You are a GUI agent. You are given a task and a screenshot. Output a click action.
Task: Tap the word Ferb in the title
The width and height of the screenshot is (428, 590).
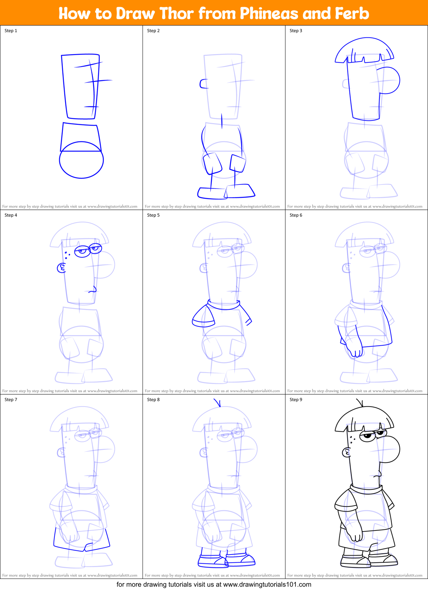[352, 14]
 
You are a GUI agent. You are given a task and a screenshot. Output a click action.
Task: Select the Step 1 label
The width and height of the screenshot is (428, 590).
[11, 31]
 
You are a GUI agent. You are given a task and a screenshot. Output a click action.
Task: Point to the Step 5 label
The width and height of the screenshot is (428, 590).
[153, 215]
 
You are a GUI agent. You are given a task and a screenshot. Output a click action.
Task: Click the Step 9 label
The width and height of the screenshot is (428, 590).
[296, 400]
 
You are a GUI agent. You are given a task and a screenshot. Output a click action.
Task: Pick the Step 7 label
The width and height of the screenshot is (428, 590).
[11, 400]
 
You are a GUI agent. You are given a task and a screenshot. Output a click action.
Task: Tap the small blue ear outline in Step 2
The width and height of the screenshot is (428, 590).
[204, 84]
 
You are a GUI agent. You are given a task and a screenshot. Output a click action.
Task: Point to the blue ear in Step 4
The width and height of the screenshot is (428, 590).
[61, 268]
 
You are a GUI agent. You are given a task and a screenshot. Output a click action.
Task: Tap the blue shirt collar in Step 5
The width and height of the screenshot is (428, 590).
[223, 305]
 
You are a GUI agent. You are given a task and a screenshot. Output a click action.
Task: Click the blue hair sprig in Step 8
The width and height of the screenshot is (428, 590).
[218, 403]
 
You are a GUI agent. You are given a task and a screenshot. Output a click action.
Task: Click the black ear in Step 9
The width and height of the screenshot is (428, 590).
[347, 452]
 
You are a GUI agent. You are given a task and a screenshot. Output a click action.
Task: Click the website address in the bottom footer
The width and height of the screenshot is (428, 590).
[267, 584]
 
